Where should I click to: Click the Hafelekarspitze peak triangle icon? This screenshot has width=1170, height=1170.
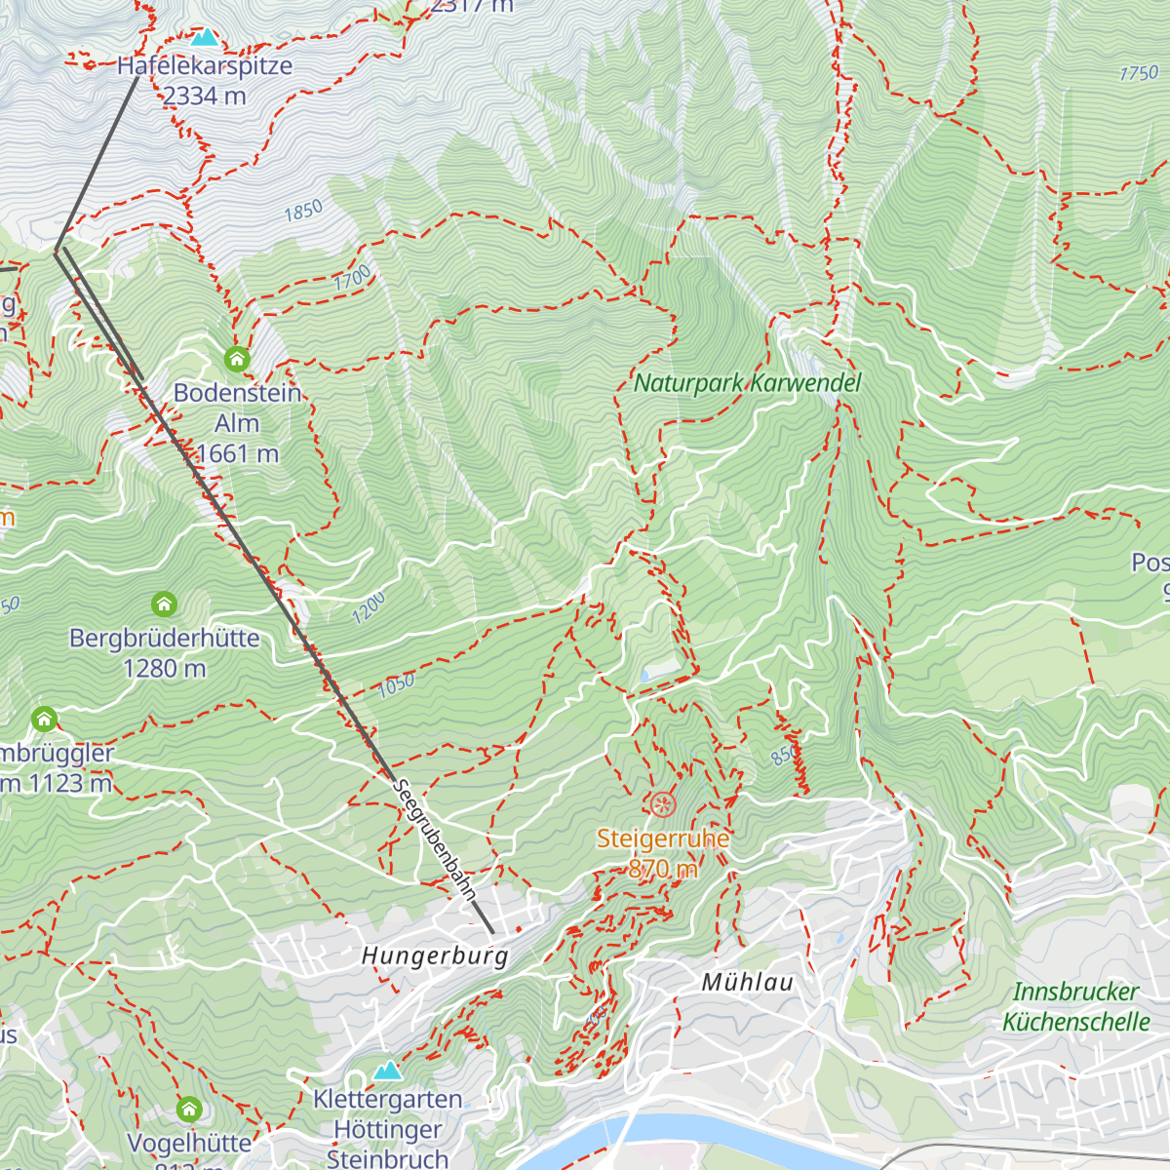[205, 38]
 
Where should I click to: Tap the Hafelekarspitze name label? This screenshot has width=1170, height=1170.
[205, 66]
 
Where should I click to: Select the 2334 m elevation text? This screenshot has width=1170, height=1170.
[205, 96]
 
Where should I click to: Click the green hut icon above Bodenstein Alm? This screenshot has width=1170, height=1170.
[237, 360]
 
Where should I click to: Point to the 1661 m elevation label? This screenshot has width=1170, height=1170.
[237, 453]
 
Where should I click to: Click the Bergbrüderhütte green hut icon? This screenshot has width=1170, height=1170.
[165, 604]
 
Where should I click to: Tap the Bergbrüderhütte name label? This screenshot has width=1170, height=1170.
[165, 639]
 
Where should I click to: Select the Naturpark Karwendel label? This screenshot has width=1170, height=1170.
[748, 383]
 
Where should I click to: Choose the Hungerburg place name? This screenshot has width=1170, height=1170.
[435, 955]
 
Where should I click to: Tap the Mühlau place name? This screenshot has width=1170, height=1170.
[748, 983]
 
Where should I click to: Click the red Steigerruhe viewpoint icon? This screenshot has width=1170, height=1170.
[663, 804]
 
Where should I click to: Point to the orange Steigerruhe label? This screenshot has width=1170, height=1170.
[663, 838]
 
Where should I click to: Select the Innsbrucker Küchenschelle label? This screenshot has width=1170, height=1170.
[1076, 1006]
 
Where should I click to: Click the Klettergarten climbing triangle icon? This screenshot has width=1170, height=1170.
[388, 1071]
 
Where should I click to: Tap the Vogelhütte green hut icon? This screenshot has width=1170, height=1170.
[189, 1109]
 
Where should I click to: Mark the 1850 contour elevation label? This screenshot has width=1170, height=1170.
[303, 211]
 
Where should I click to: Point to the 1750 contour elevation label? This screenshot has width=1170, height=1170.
[1139, 73]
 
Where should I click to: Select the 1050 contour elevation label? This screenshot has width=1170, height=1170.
[397, 684]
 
